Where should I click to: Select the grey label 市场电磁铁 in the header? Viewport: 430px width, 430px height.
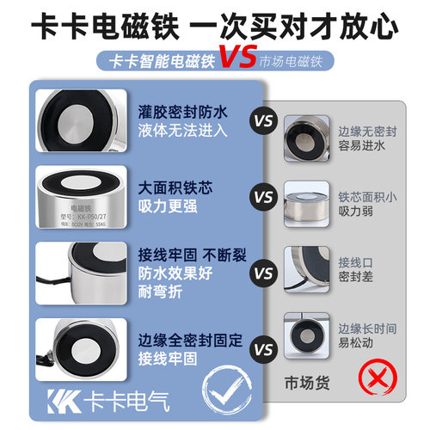click(296, 63)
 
